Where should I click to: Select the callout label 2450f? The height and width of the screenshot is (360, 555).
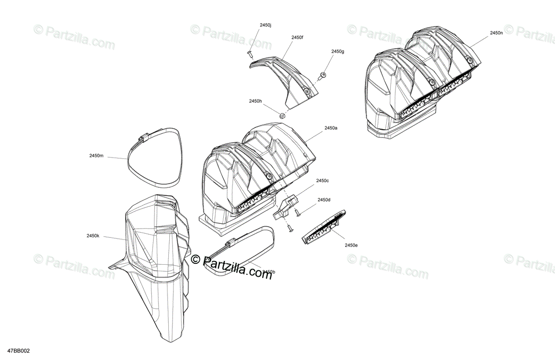click(x=297, y=37)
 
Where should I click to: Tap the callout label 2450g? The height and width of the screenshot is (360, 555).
click(x=338, y=51)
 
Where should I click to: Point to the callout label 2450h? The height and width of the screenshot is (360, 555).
click(x=255, y=101)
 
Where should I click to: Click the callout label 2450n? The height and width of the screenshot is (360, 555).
click(x=497, y=33)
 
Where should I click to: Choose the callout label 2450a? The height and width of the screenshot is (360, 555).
click(x=331, y=128)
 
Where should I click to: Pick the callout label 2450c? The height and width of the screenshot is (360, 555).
click(x=322, y=180)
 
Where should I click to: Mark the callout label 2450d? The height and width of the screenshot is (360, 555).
click(x=324, y=200)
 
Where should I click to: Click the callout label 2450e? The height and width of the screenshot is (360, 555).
click(x=351, y=245)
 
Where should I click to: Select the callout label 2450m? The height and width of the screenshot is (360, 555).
click(x=96, y=155)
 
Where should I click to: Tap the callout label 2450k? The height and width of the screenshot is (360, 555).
click(x=92, y=236)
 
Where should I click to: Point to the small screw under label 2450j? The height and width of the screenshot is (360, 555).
click(x=250, y=54)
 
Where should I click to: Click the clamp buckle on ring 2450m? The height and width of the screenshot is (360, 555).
click(x=143, y=138)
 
